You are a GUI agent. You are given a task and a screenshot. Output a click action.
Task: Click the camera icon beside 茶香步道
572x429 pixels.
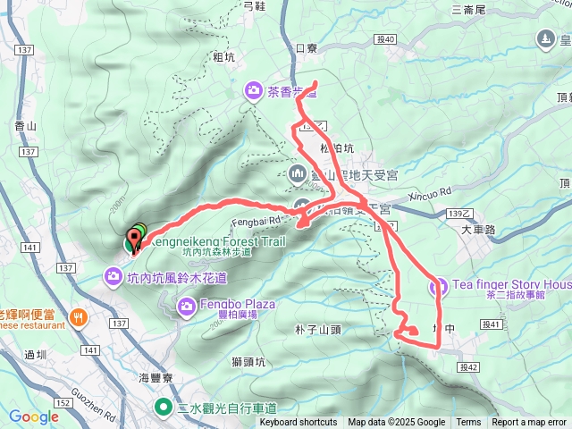[255, 90]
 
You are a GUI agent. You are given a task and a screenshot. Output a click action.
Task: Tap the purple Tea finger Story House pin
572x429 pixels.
[439, 287]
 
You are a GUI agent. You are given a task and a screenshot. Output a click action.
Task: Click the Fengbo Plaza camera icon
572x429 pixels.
[187, 308]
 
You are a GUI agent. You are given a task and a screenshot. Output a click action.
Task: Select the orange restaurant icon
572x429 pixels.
[80, 317]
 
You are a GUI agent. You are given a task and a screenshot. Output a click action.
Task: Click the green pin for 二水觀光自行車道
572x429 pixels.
[164, 408]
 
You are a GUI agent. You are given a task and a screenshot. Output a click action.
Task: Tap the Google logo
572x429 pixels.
[33, 416]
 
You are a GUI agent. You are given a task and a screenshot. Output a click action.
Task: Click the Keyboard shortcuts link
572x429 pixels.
[299, 423]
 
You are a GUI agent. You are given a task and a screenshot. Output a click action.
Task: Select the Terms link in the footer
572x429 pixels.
[468, 423]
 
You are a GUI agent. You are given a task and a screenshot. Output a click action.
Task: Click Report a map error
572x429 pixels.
[529, 423]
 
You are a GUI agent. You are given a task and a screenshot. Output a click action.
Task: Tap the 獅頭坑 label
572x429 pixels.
[249, 362]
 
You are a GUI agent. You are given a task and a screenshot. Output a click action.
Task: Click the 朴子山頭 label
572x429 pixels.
[319, 330]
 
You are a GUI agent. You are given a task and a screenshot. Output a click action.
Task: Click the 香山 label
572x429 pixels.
[26, 129]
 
